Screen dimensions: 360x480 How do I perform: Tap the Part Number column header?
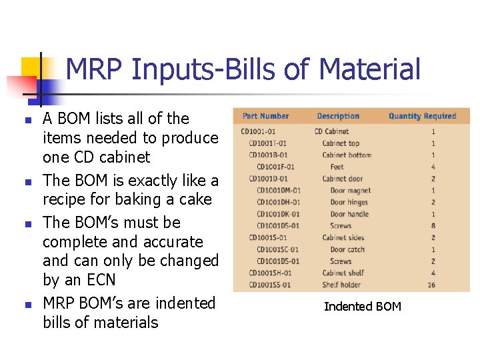click(266, 116)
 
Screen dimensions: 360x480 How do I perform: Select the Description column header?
click(338, 116)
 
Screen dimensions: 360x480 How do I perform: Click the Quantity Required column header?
click(422, 116)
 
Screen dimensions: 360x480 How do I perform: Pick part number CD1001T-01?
click(268, 143)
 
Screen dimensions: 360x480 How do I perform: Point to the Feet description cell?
click(337, 167)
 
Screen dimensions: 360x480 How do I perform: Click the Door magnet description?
click(351, 191)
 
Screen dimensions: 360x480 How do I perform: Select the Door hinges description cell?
click(349, 202)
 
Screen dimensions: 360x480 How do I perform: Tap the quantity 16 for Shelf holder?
click(431, 285)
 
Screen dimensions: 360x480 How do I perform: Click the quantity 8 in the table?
click(433, 226)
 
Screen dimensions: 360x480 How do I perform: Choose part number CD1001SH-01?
click(270, 273)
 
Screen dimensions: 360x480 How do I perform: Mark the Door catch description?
click(348, 249)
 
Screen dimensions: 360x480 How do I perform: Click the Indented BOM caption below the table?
click(363, 307)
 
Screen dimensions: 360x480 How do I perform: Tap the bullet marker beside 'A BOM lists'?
click(27, 121)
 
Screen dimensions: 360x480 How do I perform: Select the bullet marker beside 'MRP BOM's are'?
click(27, 305)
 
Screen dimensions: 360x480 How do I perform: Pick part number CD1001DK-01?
click(278, 214)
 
